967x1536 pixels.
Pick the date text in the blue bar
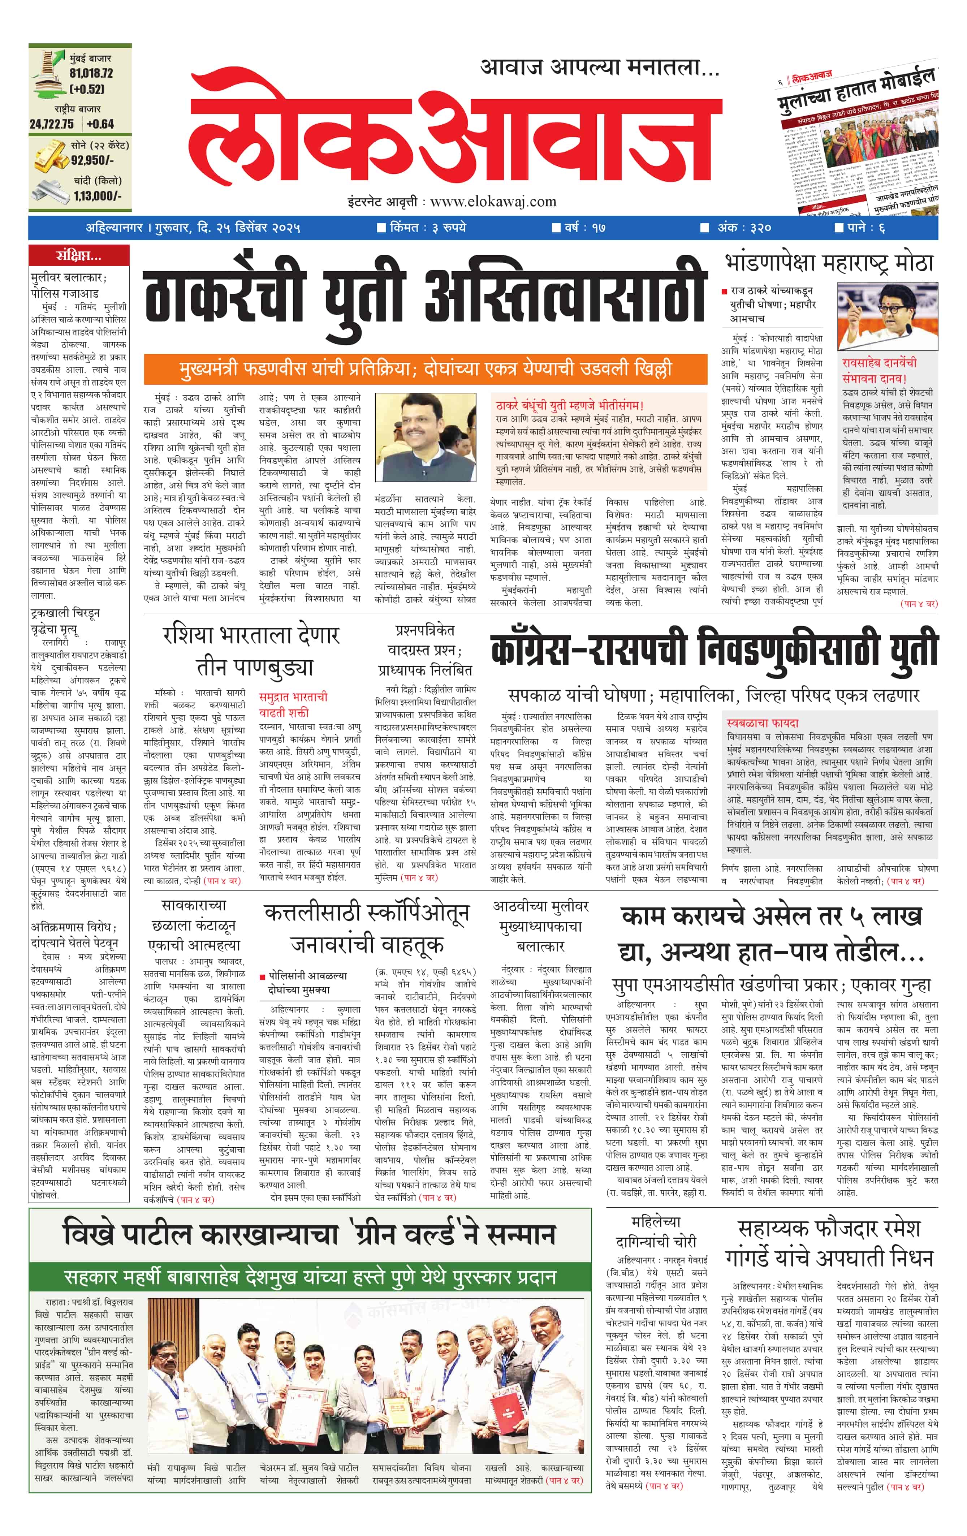(193, 228)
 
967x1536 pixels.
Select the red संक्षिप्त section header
(78, 256)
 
